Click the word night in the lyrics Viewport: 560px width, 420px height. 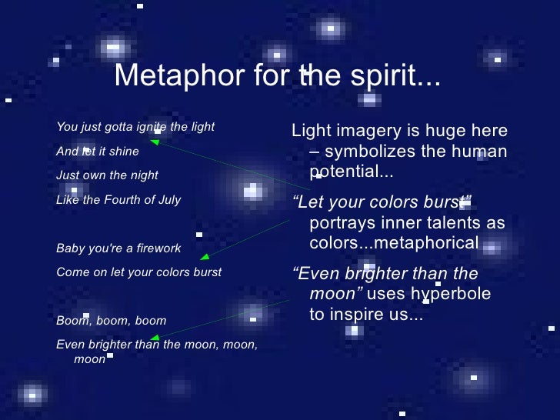143,175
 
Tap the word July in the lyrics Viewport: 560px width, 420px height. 168,200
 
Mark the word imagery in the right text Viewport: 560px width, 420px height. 368,132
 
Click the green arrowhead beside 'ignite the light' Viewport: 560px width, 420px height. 155,142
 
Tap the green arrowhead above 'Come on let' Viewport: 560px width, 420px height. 204,258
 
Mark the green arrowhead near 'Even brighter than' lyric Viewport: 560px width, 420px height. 155,338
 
